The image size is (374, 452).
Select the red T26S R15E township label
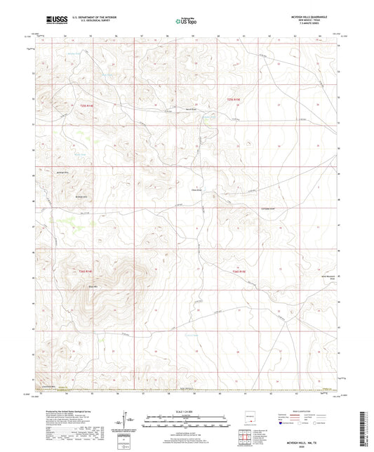click(x=241, y=272)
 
